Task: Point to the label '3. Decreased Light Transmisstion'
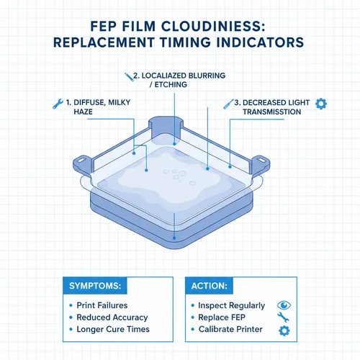pyautogui.click(x=274, y=108)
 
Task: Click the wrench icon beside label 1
pyautogui.click(x=58, y=103)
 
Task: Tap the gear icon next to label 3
pyautogui.click(x=321, y=103)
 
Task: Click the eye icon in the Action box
pyautogui.click(x=283, y=305)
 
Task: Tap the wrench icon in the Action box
pyautogui.click(x=283, y=317)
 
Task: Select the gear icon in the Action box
pyautogui.click(x=283, y=330)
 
